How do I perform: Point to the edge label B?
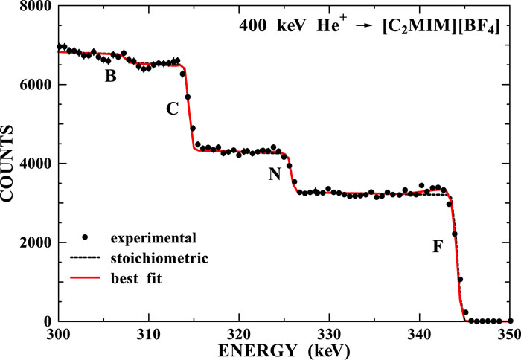pyautogui.click(x=110, y=75)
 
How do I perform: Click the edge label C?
pyautogui.click(x=172, y=109)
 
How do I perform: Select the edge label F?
pyautogui.click(x=438, y=245)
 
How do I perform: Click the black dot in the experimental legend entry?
pyautogui.click(x=86, y=238)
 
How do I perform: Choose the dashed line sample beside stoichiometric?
pyautogui.click(x=86, y=258)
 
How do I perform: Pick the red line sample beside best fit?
pyautogui.click(x=86, y=277)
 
